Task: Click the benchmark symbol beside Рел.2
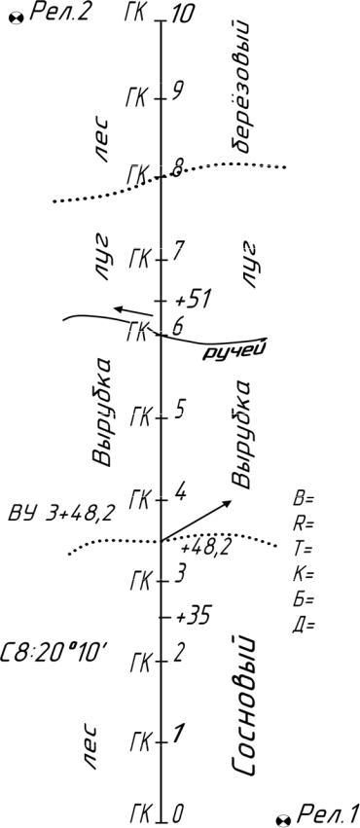click(17, 18)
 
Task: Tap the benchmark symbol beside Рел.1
click(282, 818)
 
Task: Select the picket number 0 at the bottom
click(177, 810)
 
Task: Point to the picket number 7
click(178, 251)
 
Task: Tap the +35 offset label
click(193, 615)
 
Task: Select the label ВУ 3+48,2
click(59, 515)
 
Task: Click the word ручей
click(234, 351)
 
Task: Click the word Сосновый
click(243, 706)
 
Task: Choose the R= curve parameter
click(303, 524)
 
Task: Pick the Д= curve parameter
click(303, 625)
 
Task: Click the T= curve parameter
click(303, 549)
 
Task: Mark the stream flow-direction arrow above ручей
click(134, 311)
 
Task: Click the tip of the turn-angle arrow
click(232, 500)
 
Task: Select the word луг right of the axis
click(250, 263)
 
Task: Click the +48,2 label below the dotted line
click(205, 549)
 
